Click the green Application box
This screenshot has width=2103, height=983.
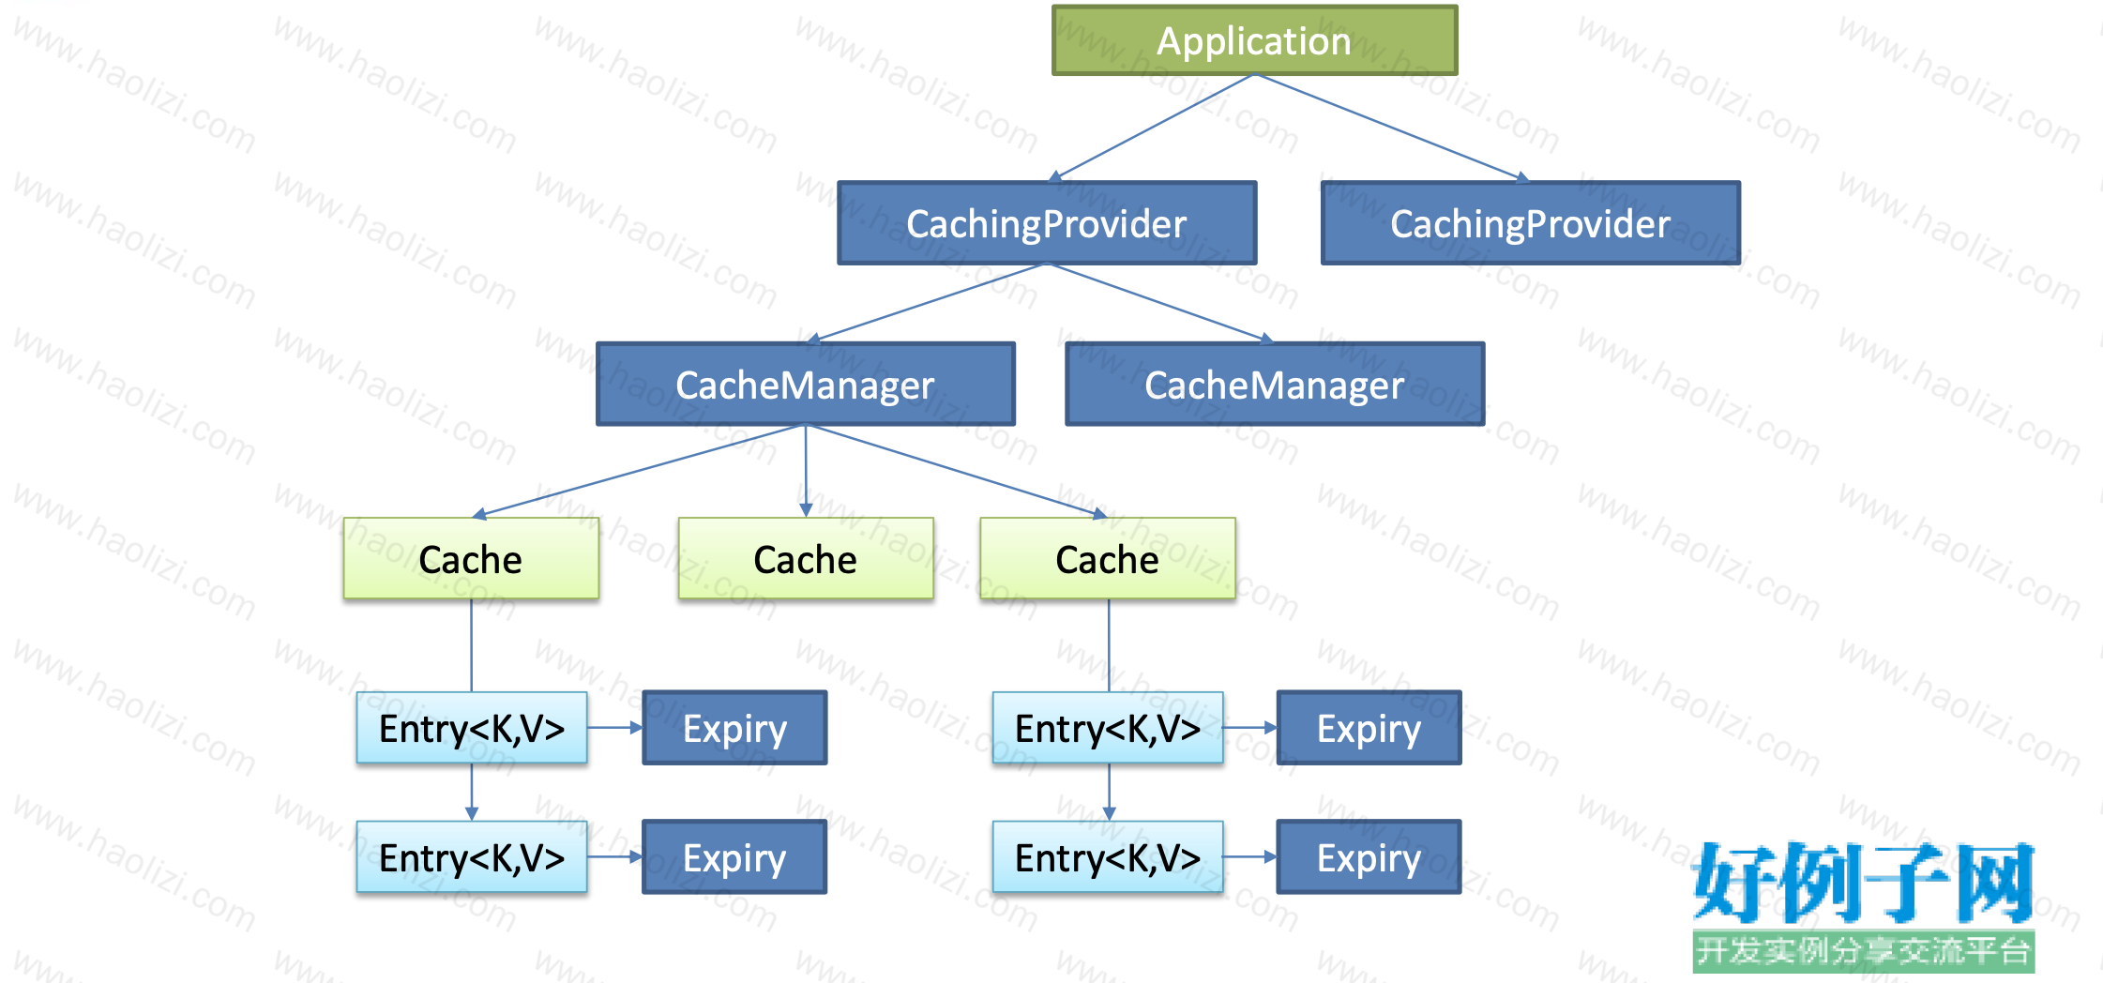[x=1255, y=40]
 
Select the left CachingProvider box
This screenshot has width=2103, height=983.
[x=1047, y=223]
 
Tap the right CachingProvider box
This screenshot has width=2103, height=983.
[x=1531, y=223]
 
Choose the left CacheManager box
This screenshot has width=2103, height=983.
[x=806, y=384]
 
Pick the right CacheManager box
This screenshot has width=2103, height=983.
[x=1275, y=384]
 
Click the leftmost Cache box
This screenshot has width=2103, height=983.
[x=471, y=558]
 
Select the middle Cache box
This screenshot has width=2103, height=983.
[x=806, y=558]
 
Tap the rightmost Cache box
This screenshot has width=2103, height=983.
[x=1108, y=558]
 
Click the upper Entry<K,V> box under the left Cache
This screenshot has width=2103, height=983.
[x=472, y=727]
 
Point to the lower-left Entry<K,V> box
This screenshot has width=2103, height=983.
[x=472, y=856]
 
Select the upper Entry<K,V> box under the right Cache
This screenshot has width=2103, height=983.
[x=1108, y=727]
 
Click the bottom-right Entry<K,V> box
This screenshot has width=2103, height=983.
[x=1108, y=856]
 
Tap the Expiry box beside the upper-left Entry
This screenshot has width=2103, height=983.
[x=734, y=728]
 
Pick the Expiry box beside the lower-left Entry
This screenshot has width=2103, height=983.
[x=734, y=857]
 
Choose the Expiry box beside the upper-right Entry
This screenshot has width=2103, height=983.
[x=1369, y=728]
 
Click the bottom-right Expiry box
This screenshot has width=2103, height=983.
[x=1369, y=857]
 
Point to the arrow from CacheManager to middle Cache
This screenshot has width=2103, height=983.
[x=806, y=471]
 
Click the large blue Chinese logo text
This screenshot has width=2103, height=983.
[x=1863, y=882]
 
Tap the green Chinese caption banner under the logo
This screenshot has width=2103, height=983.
[x=1863, y=951]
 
